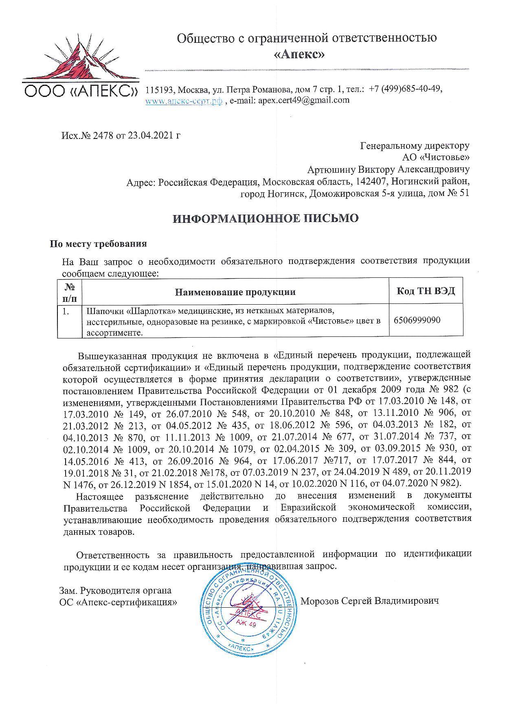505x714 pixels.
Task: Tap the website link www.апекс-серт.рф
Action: point(184,100)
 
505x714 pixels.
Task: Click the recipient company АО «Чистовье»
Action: point(435,157)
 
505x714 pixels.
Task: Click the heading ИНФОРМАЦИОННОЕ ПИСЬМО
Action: point(266,219)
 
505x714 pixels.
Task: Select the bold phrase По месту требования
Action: point(98,244)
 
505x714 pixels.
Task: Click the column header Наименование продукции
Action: point(235,292)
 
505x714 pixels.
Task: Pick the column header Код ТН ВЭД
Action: point(426,291)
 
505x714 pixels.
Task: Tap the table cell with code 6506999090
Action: point(417,320)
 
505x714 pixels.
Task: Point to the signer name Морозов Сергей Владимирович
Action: point(369,601)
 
